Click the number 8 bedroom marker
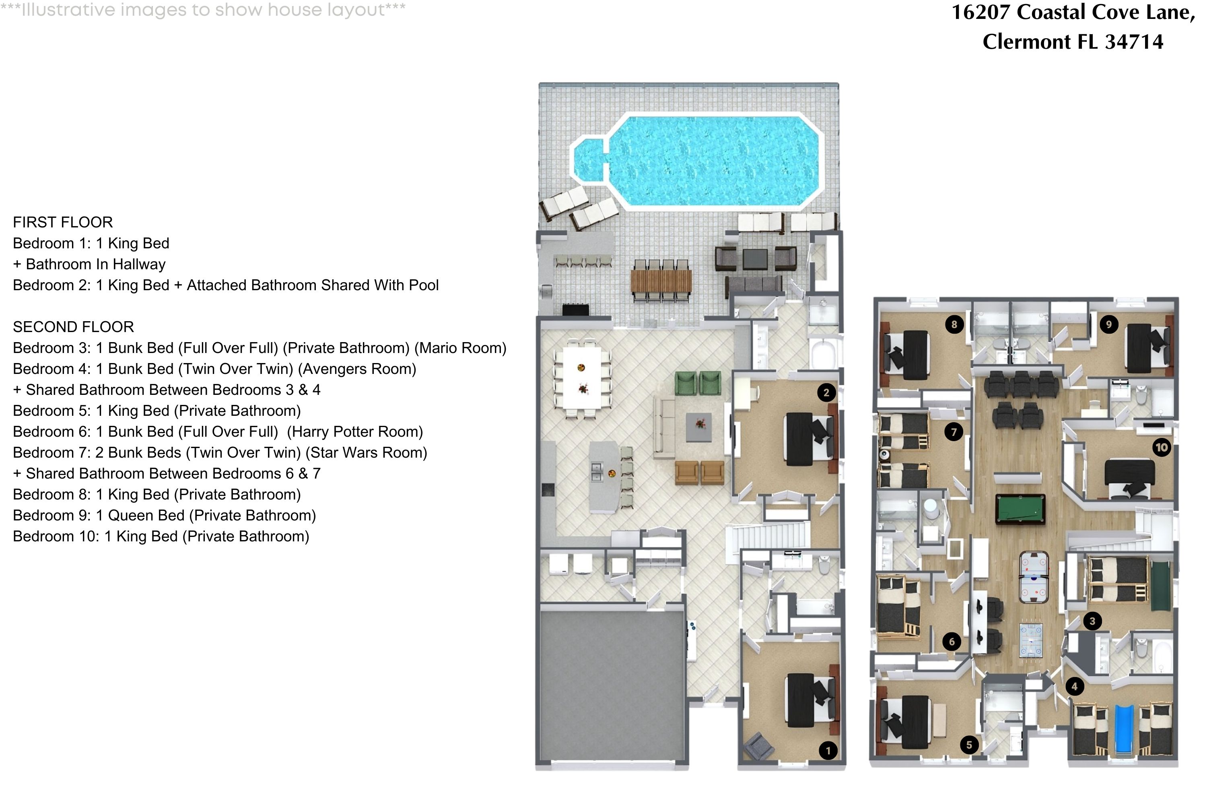coord(954,324)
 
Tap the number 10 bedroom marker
coord(1161,448)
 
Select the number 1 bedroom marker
coord(828,751)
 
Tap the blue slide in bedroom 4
coord(1124,729)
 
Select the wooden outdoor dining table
coord(661,281)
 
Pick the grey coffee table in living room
coord(699,427)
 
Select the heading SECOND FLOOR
coord(73,327)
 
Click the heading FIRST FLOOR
coord(63,222)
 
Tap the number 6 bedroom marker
coord(952,641)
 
